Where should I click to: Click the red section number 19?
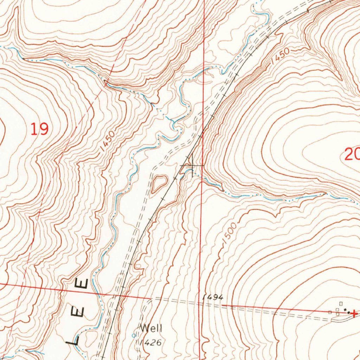(39, 129)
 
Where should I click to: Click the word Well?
(151, 328)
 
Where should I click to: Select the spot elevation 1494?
(213, 297)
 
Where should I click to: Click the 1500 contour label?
(230, 231)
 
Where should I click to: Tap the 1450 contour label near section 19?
(107, 141)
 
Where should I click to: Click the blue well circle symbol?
(133, 336)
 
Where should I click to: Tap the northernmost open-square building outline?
(341, 303)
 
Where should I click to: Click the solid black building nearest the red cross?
(348, 312)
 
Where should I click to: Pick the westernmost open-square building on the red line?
(329, 312)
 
